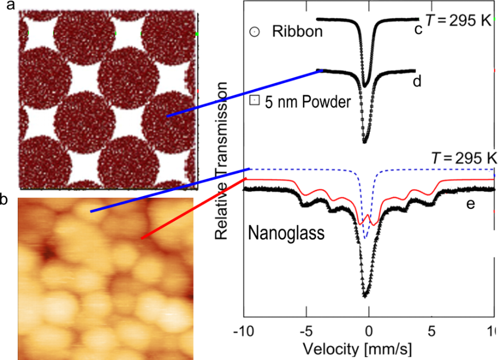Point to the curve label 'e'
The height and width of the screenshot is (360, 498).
(470, 204)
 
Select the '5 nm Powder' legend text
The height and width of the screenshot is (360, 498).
(307, 102)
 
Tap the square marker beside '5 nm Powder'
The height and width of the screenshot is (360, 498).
(253, 101)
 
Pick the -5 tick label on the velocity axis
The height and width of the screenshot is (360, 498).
(306, 330)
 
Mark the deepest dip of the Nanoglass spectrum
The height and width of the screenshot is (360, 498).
(365, 296)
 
